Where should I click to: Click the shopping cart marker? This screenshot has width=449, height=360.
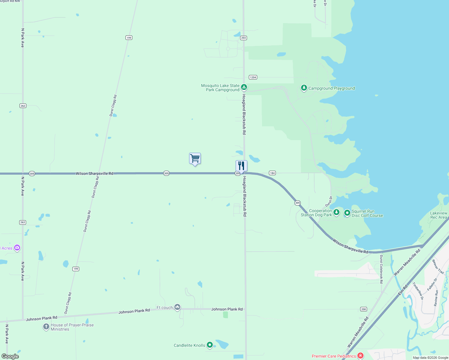click(x=195, y=158)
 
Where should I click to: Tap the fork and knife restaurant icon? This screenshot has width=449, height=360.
click(x=241, y=166)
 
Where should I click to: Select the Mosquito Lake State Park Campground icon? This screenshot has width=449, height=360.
click(x=244, y=87)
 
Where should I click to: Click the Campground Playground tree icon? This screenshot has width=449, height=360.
click(x=304, y=88)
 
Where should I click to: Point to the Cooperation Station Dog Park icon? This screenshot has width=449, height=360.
click(x=336, y=212)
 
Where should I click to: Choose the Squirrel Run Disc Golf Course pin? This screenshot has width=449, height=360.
click(x=347, y=213)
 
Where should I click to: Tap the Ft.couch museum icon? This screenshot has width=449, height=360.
click(x=177, y=307)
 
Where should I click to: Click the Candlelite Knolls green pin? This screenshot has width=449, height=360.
click(x=210, y=345)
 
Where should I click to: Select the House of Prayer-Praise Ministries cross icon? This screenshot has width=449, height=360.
click(x=46, y=327)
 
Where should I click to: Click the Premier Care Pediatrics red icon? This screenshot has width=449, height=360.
click(x=360, y=356)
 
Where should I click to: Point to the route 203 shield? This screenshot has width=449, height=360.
click(x=243, y=38)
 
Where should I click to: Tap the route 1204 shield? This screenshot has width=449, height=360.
click(x=253, y=77)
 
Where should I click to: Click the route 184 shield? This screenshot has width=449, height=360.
click(x=272, y=173)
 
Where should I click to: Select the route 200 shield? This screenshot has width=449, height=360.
click(x=363, y=309)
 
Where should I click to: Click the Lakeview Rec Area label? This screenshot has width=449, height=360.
click(x=438, y=215)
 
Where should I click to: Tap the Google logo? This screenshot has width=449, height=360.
click(x=10, y=356)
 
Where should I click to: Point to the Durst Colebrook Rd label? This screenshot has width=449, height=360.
click(x=381, y=269)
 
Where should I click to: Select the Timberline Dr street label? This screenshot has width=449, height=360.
click(x=418, y=291)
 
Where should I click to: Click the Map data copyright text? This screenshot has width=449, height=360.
click(x=430, y=358)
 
